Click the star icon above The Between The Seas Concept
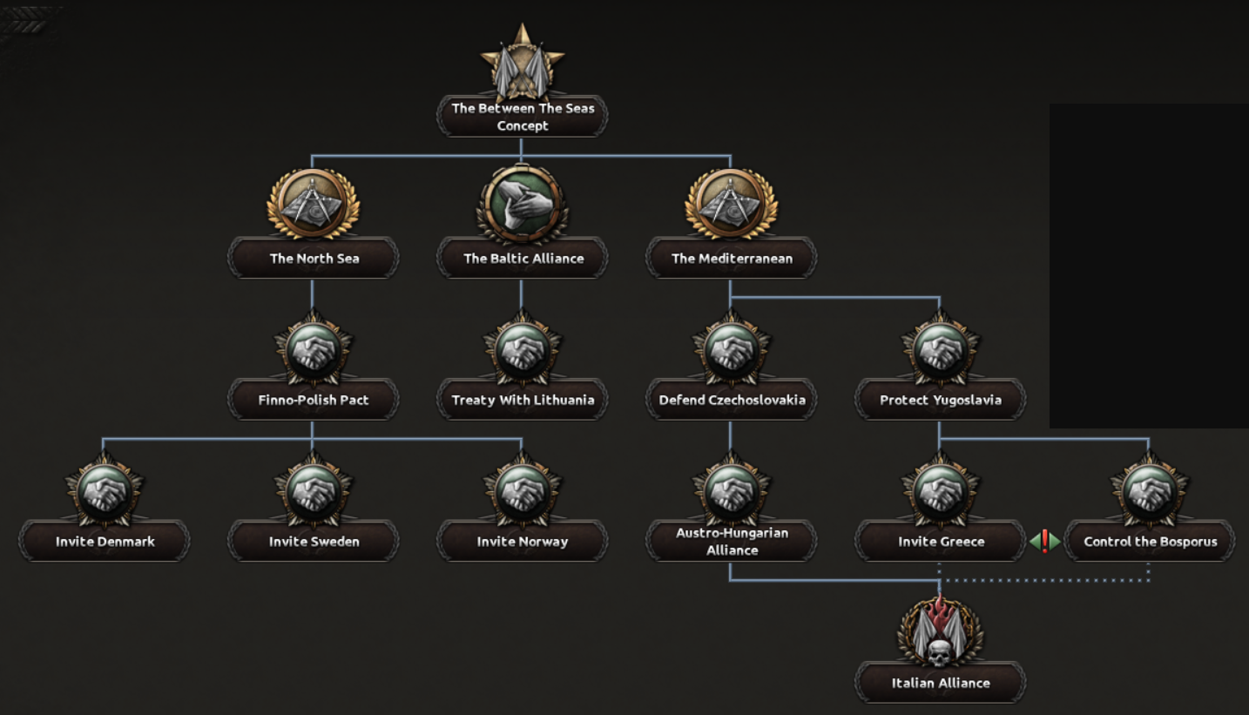(522, 61)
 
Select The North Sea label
(314, 259)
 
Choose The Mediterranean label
(731, 259)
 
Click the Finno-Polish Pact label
(314, 401)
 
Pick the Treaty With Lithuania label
(523, 401)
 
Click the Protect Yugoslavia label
(941, 401)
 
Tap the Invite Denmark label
(105, 542)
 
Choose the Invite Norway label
(523, 542)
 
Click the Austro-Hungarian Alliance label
(732, 542)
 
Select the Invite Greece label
(941, 542)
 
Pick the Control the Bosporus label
(1150, 542)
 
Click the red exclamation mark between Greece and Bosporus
(1045, 542)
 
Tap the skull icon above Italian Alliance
(940, 634)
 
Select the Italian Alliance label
(941, 683)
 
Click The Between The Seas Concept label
(523, 117)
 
